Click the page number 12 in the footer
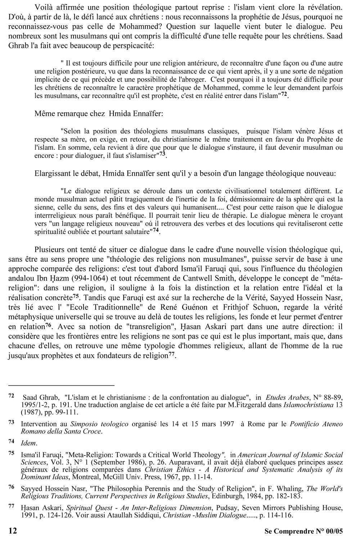12,531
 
